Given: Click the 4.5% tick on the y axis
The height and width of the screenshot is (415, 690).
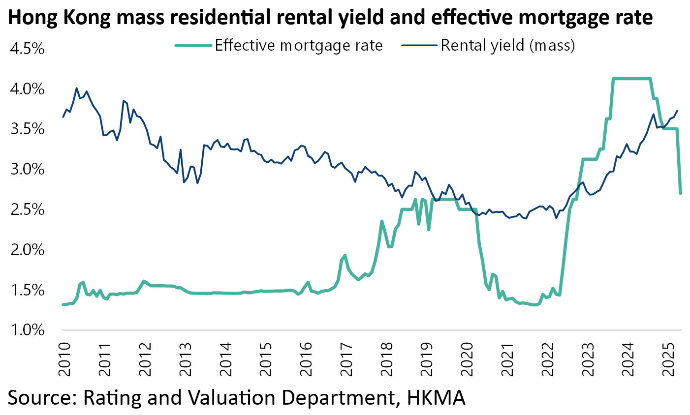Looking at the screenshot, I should click(x=27, y=50).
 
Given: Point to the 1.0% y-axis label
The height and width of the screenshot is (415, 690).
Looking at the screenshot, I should click(x=27, y=330).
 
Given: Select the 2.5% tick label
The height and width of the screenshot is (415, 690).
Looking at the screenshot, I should click(x=27, y=210).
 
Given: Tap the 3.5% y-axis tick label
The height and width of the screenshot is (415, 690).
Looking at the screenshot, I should click(x=27, y=130).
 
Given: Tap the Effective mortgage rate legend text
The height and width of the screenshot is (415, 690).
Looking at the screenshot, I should click(x=299, y=45).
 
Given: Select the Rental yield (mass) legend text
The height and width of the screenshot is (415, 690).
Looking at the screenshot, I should click(x=507, y=45).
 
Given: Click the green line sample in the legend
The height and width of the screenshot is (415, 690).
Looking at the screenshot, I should click(x=193, y=45).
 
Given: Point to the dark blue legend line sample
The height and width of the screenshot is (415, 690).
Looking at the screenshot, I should click(x=419, y=45).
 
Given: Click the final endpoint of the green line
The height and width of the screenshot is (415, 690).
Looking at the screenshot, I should click(x=680, y=193).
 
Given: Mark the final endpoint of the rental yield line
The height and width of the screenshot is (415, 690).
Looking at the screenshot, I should click(x=677, y=111).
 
